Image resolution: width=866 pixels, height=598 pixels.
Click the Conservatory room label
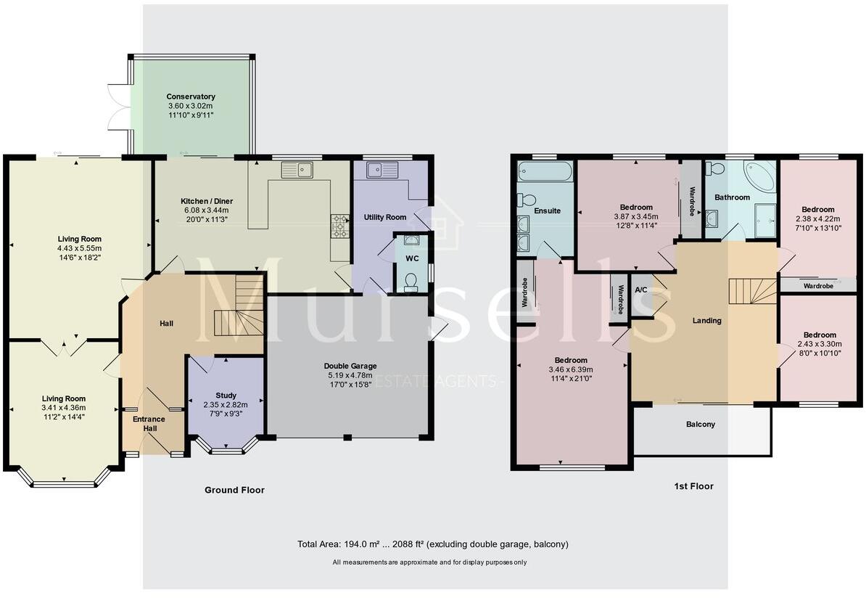(191, 97)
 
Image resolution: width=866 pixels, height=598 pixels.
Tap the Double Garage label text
(350, 366)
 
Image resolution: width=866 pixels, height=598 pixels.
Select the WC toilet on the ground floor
(411, 281)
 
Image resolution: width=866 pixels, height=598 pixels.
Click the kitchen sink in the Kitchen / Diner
(297, 171)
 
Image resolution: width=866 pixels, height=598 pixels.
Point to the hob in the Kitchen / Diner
(339, 227)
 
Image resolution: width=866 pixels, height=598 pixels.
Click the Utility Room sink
(382, 171)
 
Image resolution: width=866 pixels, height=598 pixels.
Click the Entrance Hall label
(149, 424)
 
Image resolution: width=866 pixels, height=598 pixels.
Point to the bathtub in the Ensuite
(544, 172)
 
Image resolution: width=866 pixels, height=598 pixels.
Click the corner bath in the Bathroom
(758, 177)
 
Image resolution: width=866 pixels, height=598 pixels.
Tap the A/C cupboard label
(641, 290)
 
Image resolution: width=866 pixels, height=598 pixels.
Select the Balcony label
(701, 425)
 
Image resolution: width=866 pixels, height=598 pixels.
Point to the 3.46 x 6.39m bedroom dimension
(571, 369)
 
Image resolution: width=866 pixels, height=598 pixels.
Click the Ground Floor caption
(234, 490)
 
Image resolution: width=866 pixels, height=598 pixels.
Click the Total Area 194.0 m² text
(432, 544)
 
